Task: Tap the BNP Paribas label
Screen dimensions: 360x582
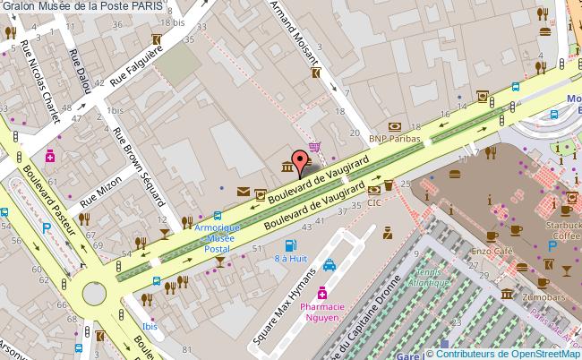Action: (x=395, y=139)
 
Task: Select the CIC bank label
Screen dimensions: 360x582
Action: (x=373, y=203)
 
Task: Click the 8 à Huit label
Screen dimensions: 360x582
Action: (x=290, y=258)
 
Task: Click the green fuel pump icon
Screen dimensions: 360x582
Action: (x=290, y=244)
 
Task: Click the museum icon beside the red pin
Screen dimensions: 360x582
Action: (x=286, y=167)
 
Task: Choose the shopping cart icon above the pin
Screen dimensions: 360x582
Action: (x=314, y=148)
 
